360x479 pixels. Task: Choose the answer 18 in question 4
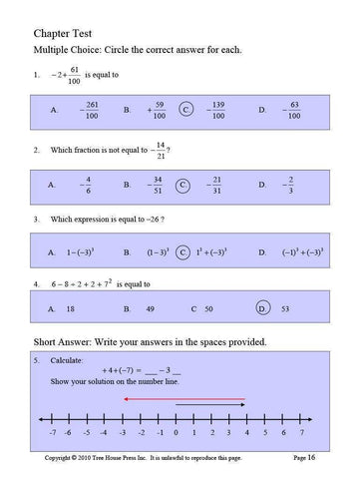coord(71,310)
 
